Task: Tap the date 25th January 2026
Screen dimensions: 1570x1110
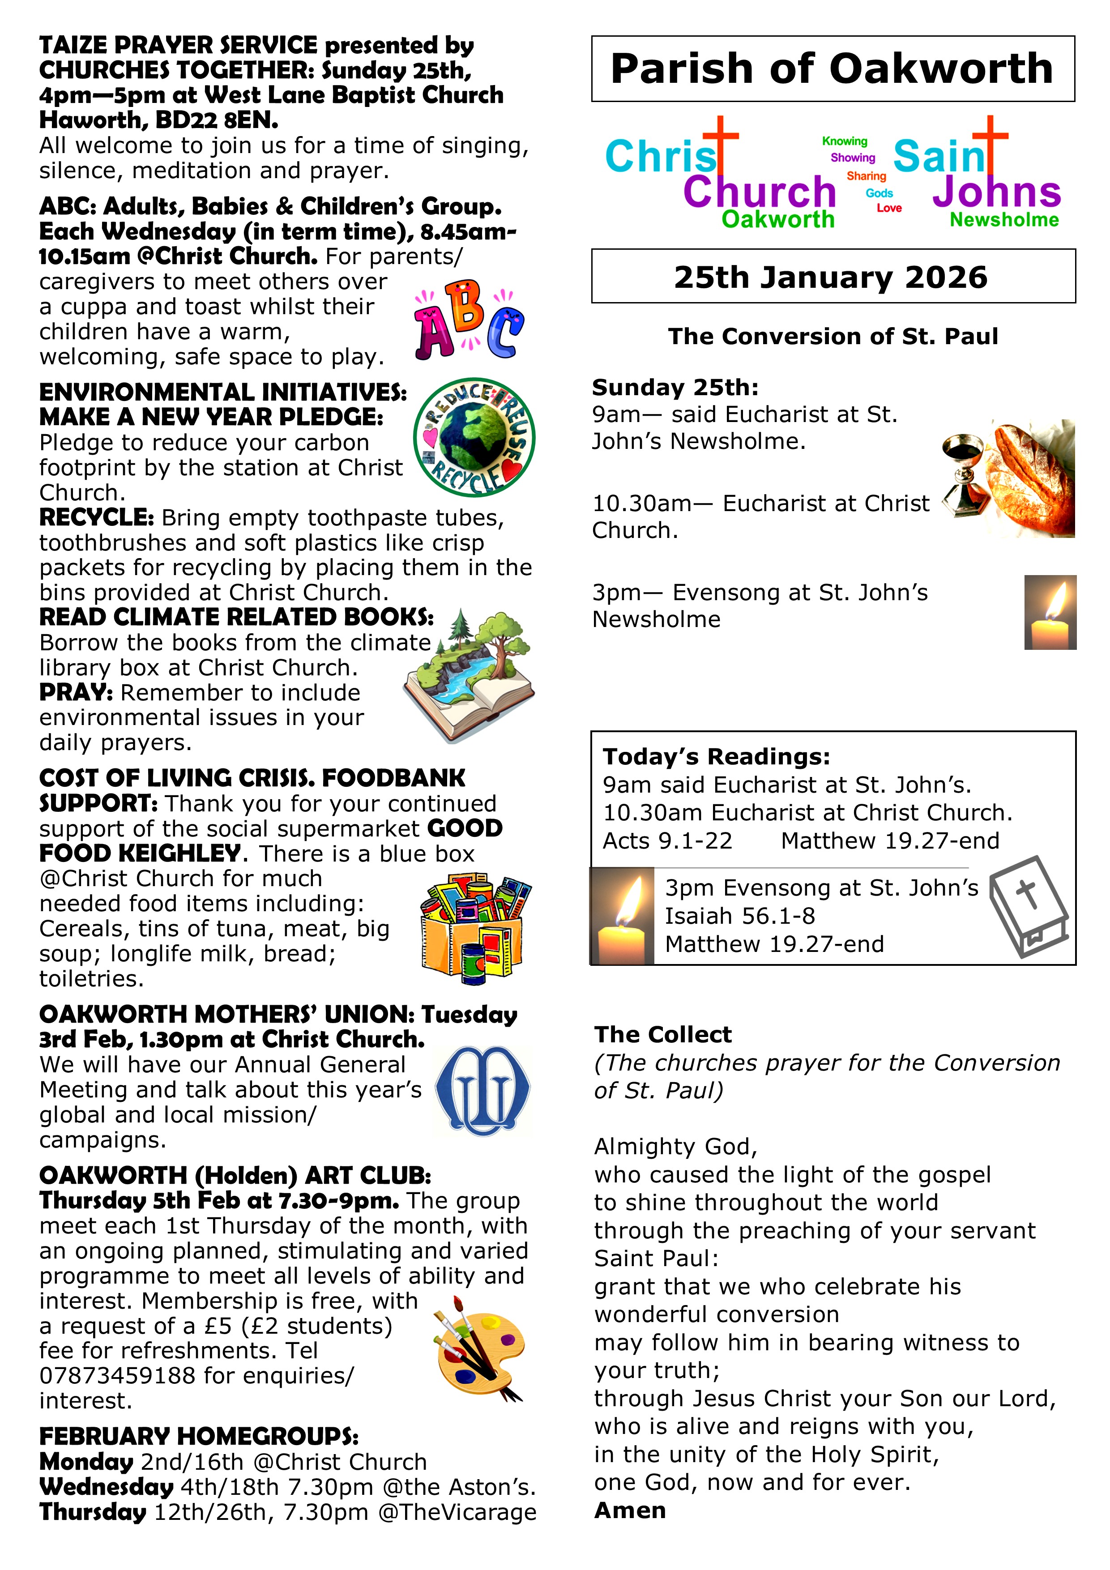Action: click(x=831, y=277)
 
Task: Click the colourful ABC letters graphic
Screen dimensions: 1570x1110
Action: click(x=469, y=320)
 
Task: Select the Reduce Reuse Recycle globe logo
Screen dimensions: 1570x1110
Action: click(x=474, y=438)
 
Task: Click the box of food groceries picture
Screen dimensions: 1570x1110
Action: click(x=474, y=926)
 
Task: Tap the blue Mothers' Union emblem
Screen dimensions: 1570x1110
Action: click(x=483, y=1091)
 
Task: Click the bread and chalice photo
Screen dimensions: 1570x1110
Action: click(x=1009, y=479)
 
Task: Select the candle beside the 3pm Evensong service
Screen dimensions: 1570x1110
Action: click(x=1050, y=613)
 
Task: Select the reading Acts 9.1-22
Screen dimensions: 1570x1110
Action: click(x=667, y=840)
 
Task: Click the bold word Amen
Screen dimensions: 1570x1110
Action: click(x=630, y=1510)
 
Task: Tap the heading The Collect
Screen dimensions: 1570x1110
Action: click(x=663, y=1035)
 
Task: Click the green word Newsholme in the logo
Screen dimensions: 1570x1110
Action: click(x=1004, y=220)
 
